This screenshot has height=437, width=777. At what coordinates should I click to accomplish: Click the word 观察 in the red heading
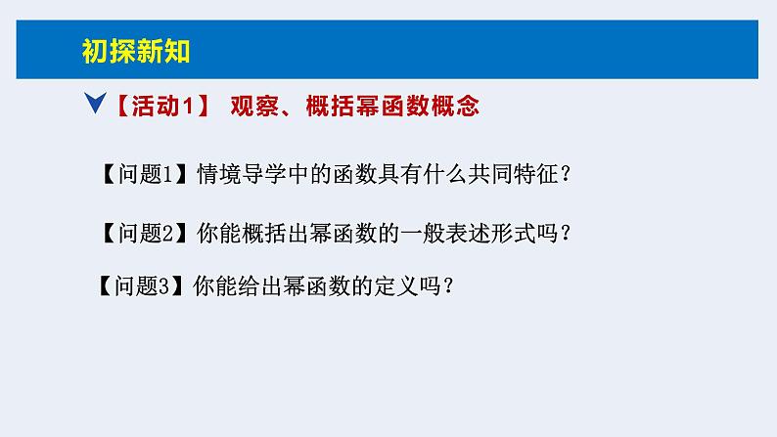click(x=251, y=106)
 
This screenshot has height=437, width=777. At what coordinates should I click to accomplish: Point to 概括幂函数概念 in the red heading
click(x=392, y=106)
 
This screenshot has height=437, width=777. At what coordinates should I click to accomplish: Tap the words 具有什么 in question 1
click(x=421, y=175)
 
